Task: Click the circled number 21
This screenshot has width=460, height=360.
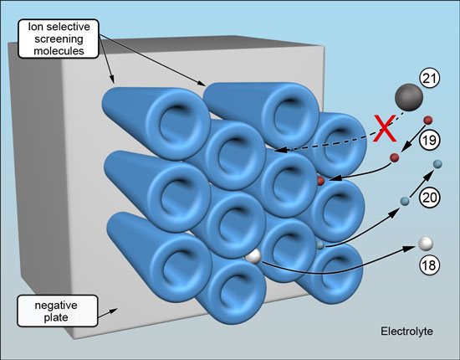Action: pos(430,79)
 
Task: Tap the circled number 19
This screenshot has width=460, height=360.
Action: pos(430,140)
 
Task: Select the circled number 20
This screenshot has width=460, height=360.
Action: pos(430,198)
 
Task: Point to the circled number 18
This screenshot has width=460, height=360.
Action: pos(429,265)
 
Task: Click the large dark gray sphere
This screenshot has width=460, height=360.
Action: pos(409,97)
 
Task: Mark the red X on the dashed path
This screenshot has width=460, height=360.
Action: pos(385,128)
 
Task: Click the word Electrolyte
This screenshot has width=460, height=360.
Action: pos(406,332)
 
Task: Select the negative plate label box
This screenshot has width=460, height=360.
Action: pos(58,311)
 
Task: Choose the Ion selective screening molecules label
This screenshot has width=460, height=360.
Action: pos(59,39)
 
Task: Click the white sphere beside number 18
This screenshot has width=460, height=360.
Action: pos(426,244)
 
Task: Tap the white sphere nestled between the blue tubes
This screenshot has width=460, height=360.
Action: pos(253,256)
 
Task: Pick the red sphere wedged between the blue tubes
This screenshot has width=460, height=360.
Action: pos(320,181)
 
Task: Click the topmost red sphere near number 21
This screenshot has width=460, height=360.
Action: pos(428,120)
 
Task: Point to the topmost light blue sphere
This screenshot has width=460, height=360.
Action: pos(437,164)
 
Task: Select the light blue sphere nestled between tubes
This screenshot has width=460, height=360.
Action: pos(320,245)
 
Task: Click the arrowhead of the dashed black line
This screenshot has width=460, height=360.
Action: pos(279,150)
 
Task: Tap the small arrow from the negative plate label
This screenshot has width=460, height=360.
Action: pos(108,312)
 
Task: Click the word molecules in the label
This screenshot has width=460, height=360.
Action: pos(59,51)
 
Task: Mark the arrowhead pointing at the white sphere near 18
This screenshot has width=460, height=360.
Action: pos(410,249)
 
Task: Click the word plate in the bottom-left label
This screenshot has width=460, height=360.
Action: pos(56,317)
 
